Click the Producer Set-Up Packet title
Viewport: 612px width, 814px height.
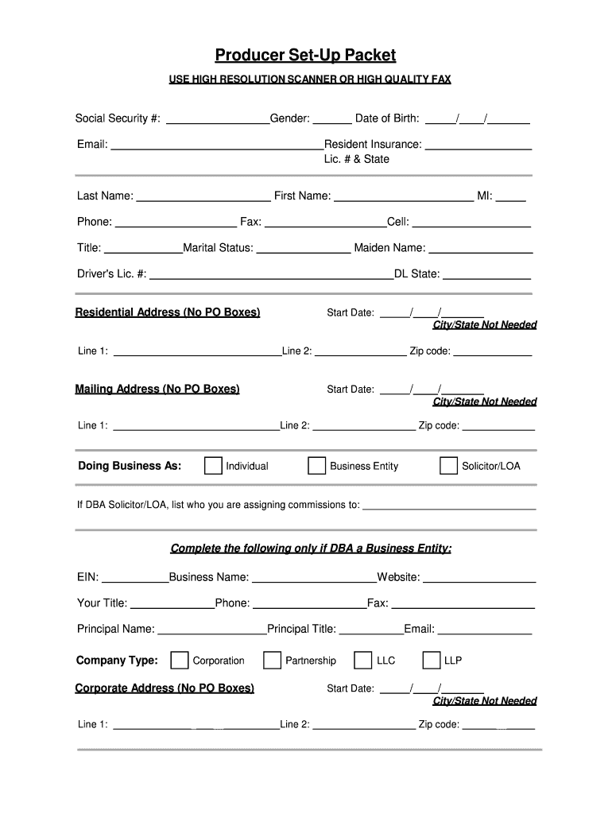click(x=305, y=55)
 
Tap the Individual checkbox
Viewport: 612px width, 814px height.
click(x=213, y=466)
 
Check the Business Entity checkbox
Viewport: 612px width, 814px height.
click(x=316, y=466)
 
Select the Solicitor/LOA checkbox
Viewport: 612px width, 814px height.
click(x=448, y=466)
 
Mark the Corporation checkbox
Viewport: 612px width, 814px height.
click(x=180, y=661)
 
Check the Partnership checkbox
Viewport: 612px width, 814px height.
click(x=273, y=661)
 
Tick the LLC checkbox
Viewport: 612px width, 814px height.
click(x=363, y=661)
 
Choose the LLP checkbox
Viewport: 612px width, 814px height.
click(x=432, y=661)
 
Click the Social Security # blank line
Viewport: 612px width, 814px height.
click(x=217, y=119)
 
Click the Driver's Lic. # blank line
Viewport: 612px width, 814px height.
click(x=271, y=274)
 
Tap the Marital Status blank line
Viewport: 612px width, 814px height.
click(x=303, y=248)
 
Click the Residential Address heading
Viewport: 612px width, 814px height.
click(x=168, y=312)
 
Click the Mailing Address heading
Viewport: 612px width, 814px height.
click(x=157, y=390)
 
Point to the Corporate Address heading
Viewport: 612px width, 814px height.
click(x=165, y=688)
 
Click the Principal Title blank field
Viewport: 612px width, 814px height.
click(x=371, y=630)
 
